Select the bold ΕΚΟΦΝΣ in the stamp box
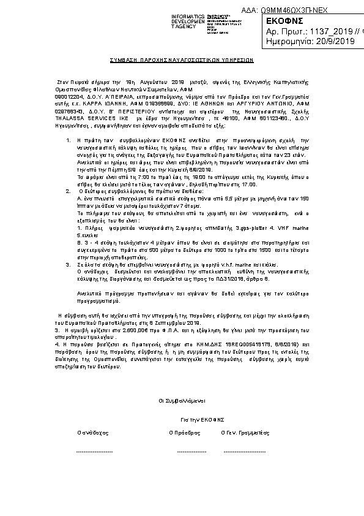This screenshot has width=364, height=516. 281,21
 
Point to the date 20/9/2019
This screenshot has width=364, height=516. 337,42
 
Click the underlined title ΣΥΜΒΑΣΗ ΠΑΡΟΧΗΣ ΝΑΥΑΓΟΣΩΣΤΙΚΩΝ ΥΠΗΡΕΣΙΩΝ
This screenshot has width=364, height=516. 182,62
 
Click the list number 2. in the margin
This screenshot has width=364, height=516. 69,191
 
